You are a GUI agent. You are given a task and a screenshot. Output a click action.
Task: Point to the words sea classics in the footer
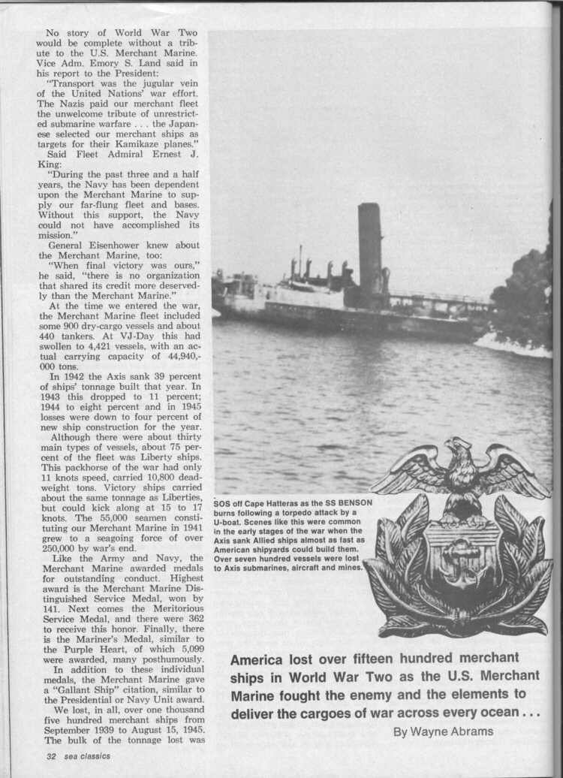[86, 755]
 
